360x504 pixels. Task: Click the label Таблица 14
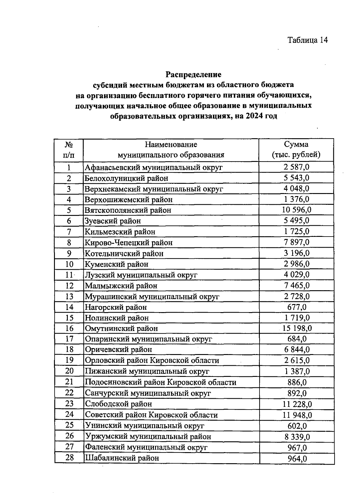click(307, 40)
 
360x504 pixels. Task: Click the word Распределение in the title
click(194, 74)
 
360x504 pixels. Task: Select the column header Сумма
click(296, 145)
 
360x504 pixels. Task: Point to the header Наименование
click(171, 145)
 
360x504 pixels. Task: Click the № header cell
click(69, 145)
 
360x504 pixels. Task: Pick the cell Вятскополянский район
click(128, 210)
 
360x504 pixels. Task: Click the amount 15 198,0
click(297, 328)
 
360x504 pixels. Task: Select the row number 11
click(69, 275)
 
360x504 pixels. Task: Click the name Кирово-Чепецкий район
click(129, 243)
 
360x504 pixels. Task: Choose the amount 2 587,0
click(296, 167)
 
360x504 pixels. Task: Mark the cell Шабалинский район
click(122, 458)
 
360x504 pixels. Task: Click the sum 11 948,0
click(297, 415)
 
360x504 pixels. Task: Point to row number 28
click(69, 458)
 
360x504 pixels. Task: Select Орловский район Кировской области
click(152, 360)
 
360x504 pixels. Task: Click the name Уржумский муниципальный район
click(148, 437)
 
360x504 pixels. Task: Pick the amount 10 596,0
click(296, 210)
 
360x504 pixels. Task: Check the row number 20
click(69, 371)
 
